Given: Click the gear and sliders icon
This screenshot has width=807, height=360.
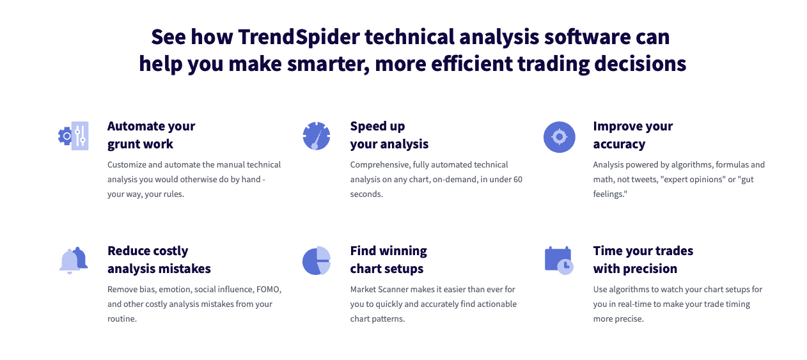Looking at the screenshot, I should [73, 136].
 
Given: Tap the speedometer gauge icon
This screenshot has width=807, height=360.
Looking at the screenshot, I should [316, 136].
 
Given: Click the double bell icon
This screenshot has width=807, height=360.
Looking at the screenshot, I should [73, 261].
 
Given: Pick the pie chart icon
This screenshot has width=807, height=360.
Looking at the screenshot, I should [316, 261].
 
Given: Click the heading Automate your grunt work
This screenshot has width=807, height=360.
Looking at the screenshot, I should [151, 135].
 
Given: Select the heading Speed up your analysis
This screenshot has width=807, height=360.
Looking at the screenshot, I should [389, 135].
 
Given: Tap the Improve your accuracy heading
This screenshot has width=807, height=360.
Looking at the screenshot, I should [632, 135].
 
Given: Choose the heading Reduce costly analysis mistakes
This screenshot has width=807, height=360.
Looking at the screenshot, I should [159, 260].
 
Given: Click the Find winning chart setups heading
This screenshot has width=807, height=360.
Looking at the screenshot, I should [388, 260].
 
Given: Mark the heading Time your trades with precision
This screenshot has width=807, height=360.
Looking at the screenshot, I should [643, 260].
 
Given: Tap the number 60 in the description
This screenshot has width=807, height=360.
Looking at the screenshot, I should [517, 180].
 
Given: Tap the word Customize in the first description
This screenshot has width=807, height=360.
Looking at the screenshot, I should [127, 164].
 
